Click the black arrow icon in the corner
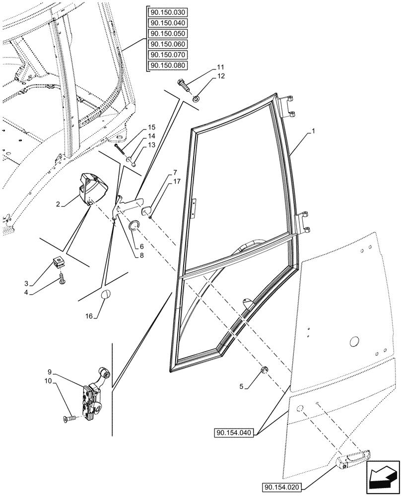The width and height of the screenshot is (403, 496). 383,478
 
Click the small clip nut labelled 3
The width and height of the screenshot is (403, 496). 59,261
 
